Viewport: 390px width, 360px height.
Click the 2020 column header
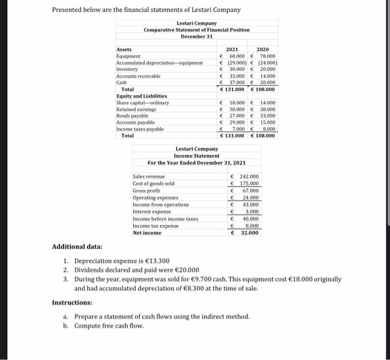point(263,50)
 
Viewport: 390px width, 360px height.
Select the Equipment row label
point(128,56)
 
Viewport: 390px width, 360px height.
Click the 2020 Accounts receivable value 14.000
point(266,76)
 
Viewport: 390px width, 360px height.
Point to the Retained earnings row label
point(136,109)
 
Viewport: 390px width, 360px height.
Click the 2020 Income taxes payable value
point(267,129)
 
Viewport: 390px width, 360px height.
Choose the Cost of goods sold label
point(153,183)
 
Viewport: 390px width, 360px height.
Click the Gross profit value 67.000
point(250,191)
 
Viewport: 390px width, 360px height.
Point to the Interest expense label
point(152,212)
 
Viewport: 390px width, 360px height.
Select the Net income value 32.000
point(250,233)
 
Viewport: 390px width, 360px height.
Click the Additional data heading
point(77,246)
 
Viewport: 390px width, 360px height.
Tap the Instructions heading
point(72,302)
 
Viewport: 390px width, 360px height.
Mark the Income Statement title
point(197,156)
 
